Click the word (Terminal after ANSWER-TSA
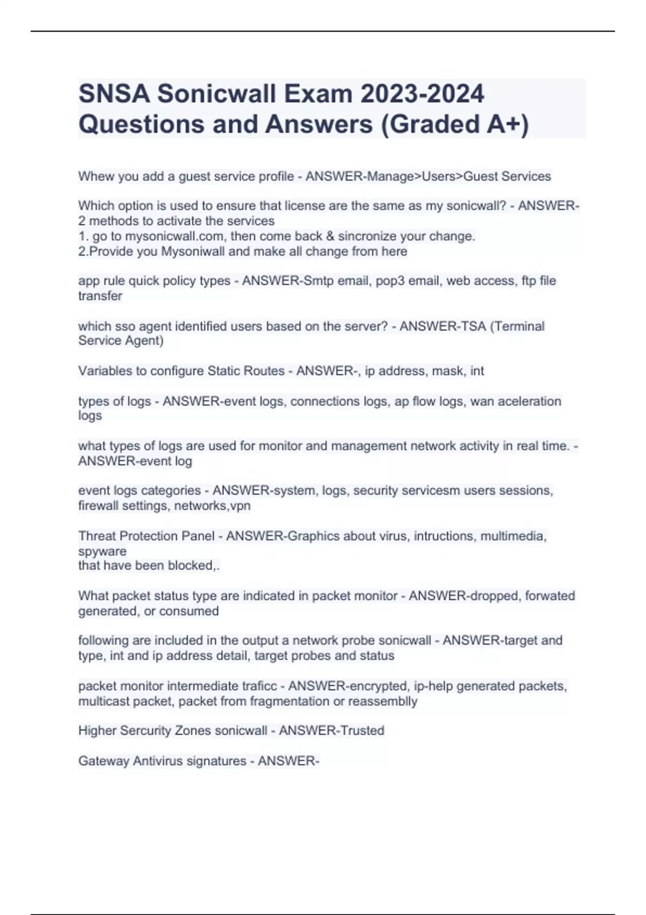pyautogui.click(x=517, y=326)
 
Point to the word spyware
pyautogui.click(x=102, y=551)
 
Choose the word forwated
pyautogui.click(x=550, y=596)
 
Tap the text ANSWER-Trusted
pyautogui.click(x=331, y=730)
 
